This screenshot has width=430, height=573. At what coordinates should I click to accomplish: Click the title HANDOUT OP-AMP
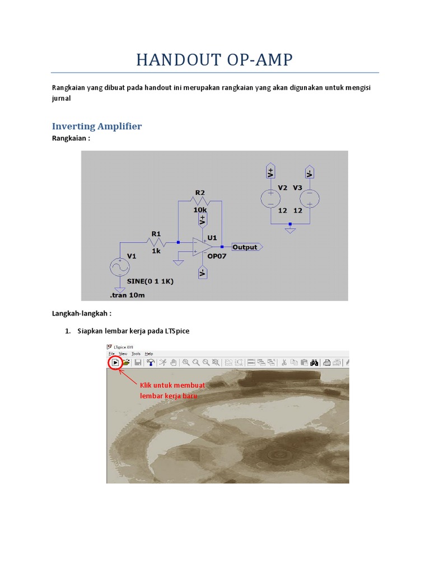[x=214, y=59]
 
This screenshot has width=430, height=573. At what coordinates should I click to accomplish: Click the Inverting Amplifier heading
[x=97, y=126]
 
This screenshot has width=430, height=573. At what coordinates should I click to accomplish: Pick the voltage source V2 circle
[x=270, y=198]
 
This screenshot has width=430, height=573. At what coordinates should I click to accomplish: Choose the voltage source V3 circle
[x=309, y=198]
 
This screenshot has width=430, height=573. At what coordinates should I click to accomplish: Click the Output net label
[x=246, y=247]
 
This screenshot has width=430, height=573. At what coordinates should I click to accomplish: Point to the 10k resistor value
[x=200, y=209]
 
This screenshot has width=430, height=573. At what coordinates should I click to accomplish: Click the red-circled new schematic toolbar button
[x=115, y=363]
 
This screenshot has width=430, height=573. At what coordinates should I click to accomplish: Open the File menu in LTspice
[x=112, y=354]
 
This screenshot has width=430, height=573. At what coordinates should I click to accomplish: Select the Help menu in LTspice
[x=149, y=354]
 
